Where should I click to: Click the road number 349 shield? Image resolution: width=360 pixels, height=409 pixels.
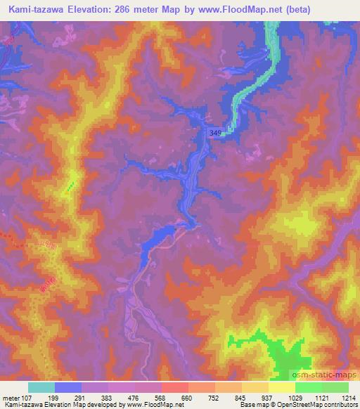pos(217,132)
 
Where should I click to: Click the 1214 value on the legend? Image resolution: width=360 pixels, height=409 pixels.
pos(348,397)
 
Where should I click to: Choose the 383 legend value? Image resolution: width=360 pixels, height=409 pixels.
pos(108,397)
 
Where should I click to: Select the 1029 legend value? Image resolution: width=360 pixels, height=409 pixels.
pos(295,397)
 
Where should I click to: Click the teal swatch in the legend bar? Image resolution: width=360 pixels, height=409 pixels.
pos(41,387)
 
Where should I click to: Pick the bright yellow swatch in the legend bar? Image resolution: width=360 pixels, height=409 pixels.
pos(281,387)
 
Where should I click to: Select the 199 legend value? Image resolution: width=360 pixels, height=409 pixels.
pos(56,397)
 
